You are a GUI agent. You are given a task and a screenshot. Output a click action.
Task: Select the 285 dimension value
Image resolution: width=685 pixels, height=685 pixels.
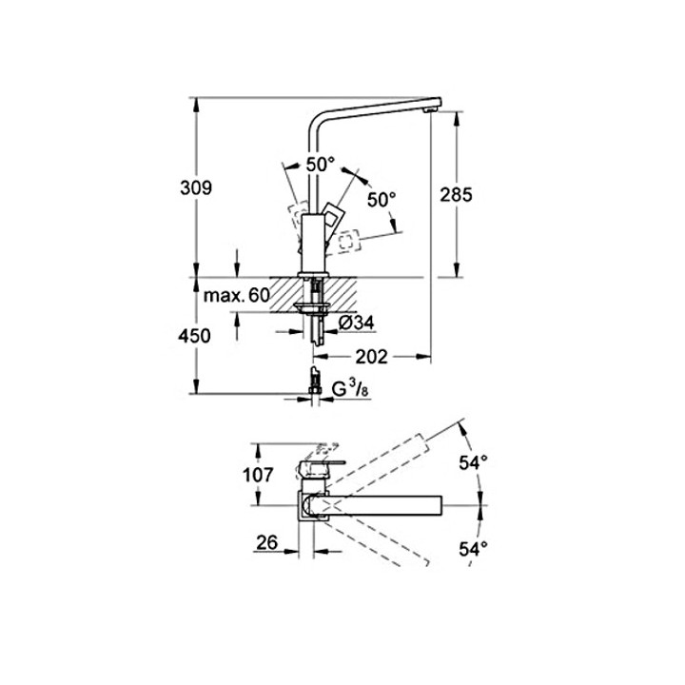[x=458, y=194]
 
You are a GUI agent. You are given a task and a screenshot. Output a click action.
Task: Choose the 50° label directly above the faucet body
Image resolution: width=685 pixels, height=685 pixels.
[x=319, y=164]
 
